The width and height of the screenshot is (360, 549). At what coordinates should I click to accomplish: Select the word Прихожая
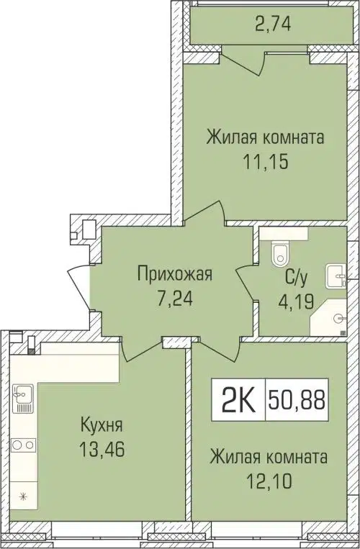[x=174, y=273]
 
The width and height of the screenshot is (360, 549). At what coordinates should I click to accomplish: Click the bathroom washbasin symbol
[x=336, y=274]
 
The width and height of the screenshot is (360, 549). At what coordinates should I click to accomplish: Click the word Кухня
[x=101, y=427]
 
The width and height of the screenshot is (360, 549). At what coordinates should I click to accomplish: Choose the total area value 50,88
[x=295, y=398]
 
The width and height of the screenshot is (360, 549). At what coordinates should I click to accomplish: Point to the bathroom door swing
[x=245, y=288]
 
